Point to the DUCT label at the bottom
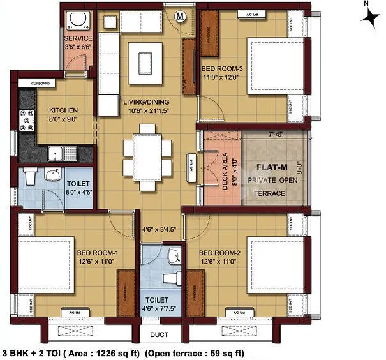[x=160, y=334]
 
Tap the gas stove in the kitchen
[x=27, y=119]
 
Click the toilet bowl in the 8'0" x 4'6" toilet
[x=30, y=176]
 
